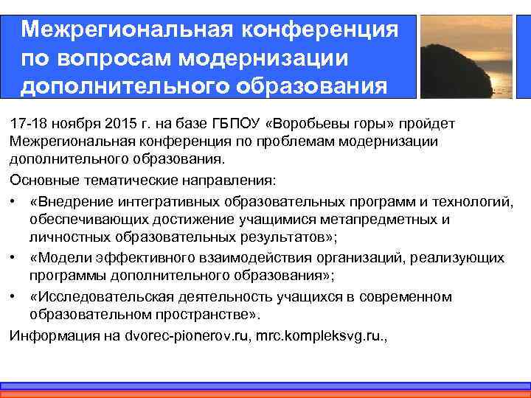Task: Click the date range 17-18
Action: [28, 122]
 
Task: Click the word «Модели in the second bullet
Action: [58, 257]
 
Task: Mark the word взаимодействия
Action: [239, 257]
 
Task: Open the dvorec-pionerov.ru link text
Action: [172, 335]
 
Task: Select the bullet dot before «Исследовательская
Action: [15, 296]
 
